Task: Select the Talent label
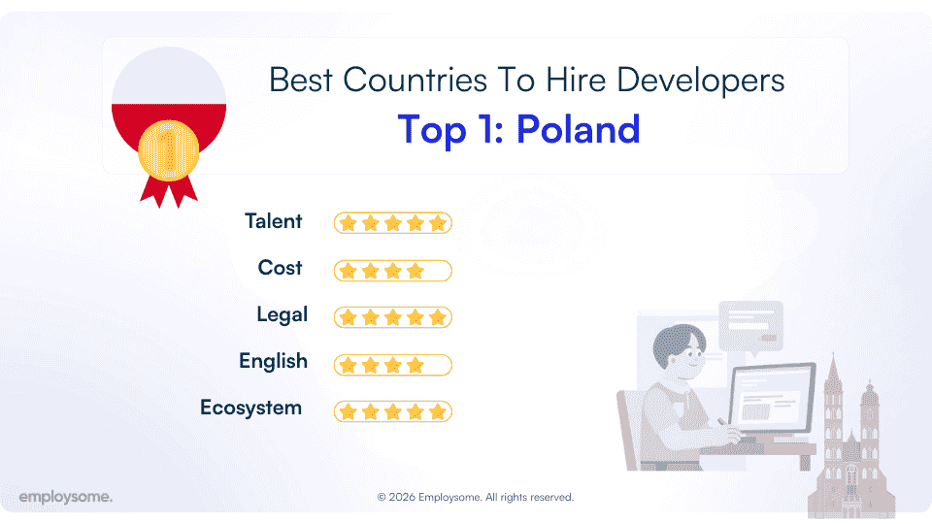pos(274,221)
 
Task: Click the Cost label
pos(280,268)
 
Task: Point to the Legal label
pos(282,314)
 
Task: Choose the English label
pos(273,361)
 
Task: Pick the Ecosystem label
pos(250,408)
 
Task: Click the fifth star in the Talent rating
pos(437,223)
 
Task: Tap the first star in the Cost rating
pos(348,270)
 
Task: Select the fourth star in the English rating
pos(415,365)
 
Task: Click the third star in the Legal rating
pos(392,317)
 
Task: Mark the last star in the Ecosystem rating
pos(437,411)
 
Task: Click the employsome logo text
pos(65,497)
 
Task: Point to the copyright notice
pos(476,497)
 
